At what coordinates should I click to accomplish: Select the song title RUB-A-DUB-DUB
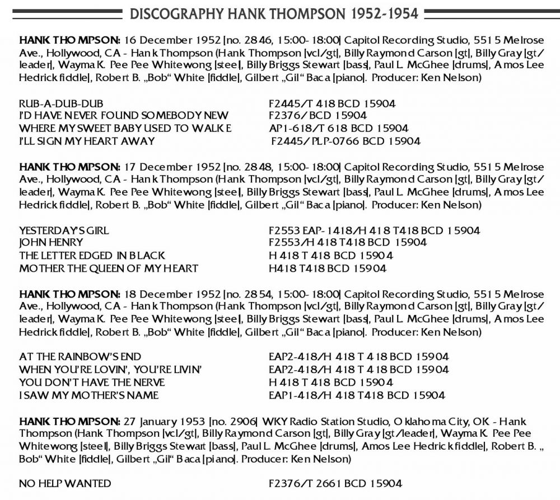61,103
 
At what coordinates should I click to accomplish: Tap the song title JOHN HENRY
51,243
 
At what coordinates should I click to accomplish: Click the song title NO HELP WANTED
65,483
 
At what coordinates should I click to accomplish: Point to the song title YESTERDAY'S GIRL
64,230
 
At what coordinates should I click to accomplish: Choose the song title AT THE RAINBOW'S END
80,357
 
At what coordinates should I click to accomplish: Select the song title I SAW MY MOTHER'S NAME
88,395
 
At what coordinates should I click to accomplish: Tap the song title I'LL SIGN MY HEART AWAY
87,141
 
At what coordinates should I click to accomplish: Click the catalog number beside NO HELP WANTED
335,483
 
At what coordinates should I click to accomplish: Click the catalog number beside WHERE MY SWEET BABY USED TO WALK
338,129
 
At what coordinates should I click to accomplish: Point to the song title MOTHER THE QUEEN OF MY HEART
109,268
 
